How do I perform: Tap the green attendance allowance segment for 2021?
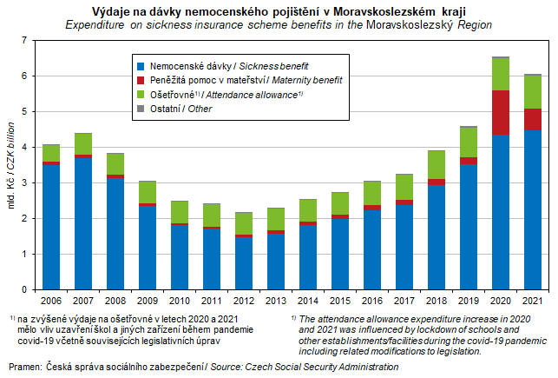click(x=532, y=92)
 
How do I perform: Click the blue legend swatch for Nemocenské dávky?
click(x=141, y=66)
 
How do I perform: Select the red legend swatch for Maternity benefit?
click(x=141, y=80)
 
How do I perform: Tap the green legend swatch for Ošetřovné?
click(x=141, y=94)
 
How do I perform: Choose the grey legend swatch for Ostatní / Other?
click(x=141, y=109)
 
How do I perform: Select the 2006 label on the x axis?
click(x=51, y=301)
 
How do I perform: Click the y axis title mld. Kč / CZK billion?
click(x=12, y=165)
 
